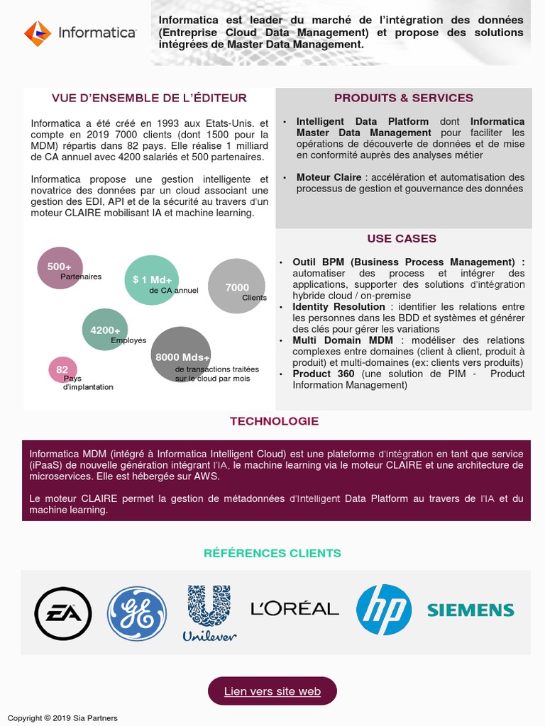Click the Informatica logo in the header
tap(80, 33)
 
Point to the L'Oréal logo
tap(294, 608)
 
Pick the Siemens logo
tap(470, 610)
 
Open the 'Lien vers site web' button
tap(272, 691)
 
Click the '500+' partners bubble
tap(60, 267)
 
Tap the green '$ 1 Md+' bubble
tap(151, 280)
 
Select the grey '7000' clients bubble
tap(236, 286)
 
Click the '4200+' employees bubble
tap(105, 330)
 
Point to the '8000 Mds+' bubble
tap(181, 355)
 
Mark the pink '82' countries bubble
tap(62, 369)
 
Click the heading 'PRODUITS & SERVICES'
tap(403, 98)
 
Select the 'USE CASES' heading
tap(402, 239)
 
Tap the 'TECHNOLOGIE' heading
tap(274, 421)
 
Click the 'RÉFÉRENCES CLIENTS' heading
tap(272, 553)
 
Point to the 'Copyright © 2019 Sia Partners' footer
tap(62, 718)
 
